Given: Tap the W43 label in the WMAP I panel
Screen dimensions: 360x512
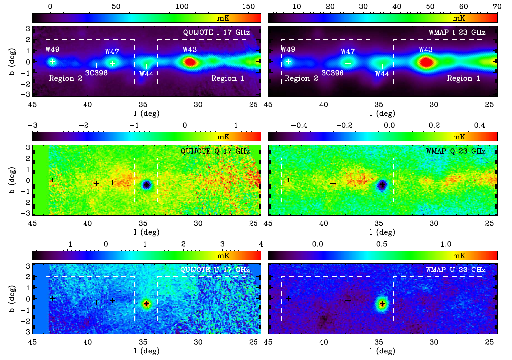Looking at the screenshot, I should pos(426,49).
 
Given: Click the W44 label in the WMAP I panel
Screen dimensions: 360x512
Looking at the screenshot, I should pos(382,74).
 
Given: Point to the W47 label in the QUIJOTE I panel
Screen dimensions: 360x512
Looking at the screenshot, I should pos(112,51).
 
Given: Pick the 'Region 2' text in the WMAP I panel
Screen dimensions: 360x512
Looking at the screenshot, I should pos(301,78).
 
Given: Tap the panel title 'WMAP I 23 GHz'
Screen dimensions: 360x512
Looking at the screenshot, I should pos(457,32).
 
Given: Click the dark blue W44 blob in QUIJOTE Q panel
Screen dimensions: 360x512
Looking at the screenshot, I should pos(147,184).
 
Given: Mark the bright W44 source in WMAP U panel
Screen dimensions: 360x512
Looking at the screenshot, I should pos(382,304).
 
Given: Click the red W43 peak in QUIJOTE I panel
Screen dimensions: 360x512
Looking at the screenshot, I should pos(190,62).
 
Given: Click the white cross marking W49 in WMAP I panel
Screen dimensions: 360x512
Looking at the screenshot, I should pos(288,62).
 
